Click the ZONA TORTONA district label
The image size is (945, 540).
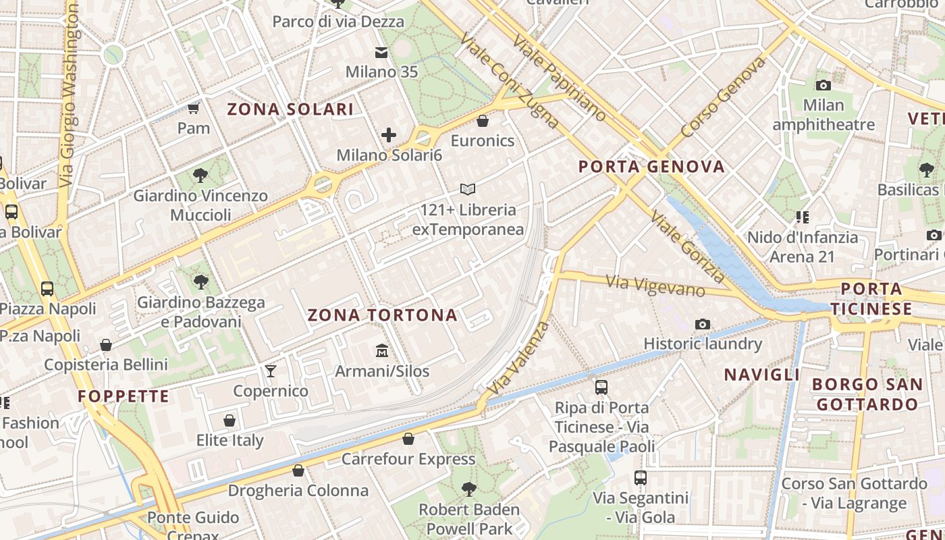coord(382,315)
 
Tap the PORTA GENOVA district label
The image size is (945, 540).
coord(651,167)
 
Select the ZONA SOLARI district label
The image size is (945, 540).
coord(290,109)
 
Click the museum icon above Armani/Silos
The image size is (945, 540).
coord(382,350)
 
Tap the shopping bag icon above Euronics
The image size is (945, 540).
coord(483,121)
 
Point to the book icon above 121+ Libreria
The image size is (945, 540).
coord(468,190)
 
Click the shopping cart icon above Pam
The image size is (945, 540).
coord(194,108)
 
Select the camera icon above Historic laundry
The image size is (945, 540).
coord(703,324)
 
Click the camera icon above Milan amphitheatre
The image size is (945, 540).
coord(823,85)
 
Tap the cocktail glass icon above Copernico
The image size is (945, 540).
coord(271,371)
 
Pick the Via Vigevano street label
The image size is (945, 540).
coord(655,286)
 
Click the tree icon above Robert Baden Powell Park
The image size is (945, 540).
coord(468,489)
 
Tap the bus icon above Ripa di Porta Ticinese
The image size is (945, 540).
coord(601,387)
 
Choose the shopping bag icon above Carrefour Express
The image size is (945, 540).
coord(408,439)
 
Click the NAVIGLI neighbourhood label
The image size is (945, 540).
coord(762,375)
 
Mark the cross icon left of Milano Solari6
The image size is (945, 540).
coord(389,135)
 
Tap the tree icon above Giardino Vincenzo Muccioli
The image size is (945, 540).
coord(200,175)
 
